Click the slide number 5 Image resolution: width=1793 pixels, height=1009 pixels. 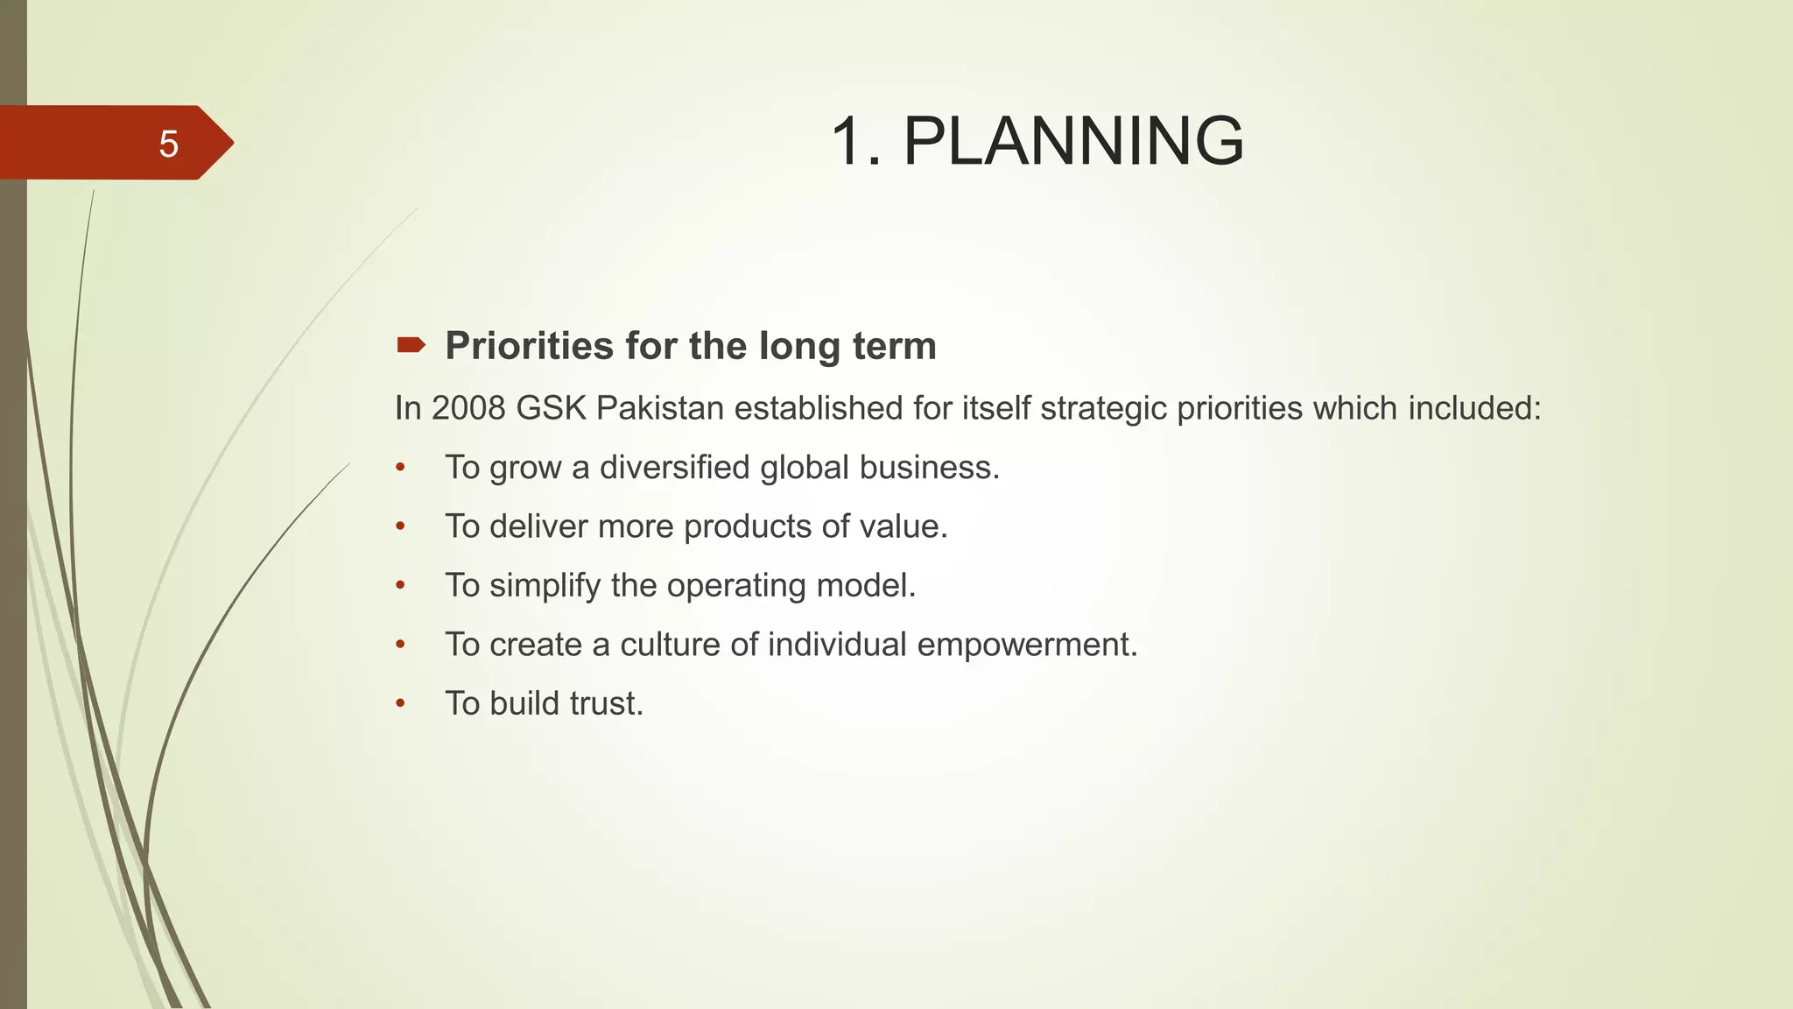[x=168, y=144]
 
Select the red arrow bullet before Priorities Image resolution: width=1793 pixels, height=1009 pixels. [x=411, y=345]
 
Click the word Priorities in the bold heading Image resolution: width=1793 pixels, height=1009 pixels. [x=530, y=346]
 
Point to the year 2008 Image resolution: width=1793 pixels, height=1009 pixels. [x=468, y=408]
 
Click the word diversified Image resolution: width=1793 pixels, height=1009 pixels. [x=674, y=468]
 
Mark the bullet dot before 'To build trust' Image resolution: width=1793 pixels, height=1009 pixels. [x=400, y=703]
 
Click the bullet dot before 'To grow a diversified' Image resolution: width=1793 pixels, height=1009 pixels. [x=400, y=468]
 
